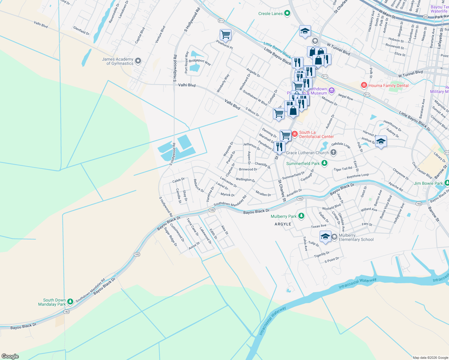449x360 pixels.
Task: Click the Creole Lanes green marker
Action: pos(287,13)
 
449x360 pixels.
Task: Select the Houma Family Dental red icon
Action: pos(364,85)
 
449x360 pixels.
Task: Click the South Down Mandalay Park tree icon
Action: pos(70,302)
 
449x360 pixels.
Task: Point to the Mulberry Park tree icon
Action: pos(301,216)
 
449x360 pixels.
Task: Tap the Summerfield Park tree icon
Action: pos(324,163)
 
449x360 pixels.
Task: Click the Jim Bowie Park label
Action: pos(428,183)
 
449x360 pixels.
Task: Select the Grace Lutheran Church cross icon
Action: pos(333,152)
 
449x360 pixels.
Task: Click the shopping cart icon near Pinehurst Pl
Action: pos(225,34)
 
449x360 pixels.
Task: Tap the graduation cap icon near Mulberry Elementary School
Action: pos(325,236)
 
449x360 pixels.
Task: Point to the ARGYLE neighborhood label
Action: pos(283,224)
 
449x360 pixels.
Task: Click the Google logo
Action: pos(10,356)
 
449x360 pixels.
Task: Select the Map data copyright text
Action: pos(430,358)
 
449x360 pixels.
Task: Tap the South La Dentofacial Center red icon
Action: pos(295,134)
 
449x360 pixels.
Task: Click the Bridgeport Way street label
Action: pos(200,62)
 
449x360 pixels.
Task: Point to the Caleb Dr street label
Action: pos(178,180)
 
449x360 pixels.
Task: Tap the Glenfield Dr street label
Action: pos(81,30)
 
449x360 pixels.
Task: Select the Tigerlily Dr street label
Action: pos(322,254)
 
